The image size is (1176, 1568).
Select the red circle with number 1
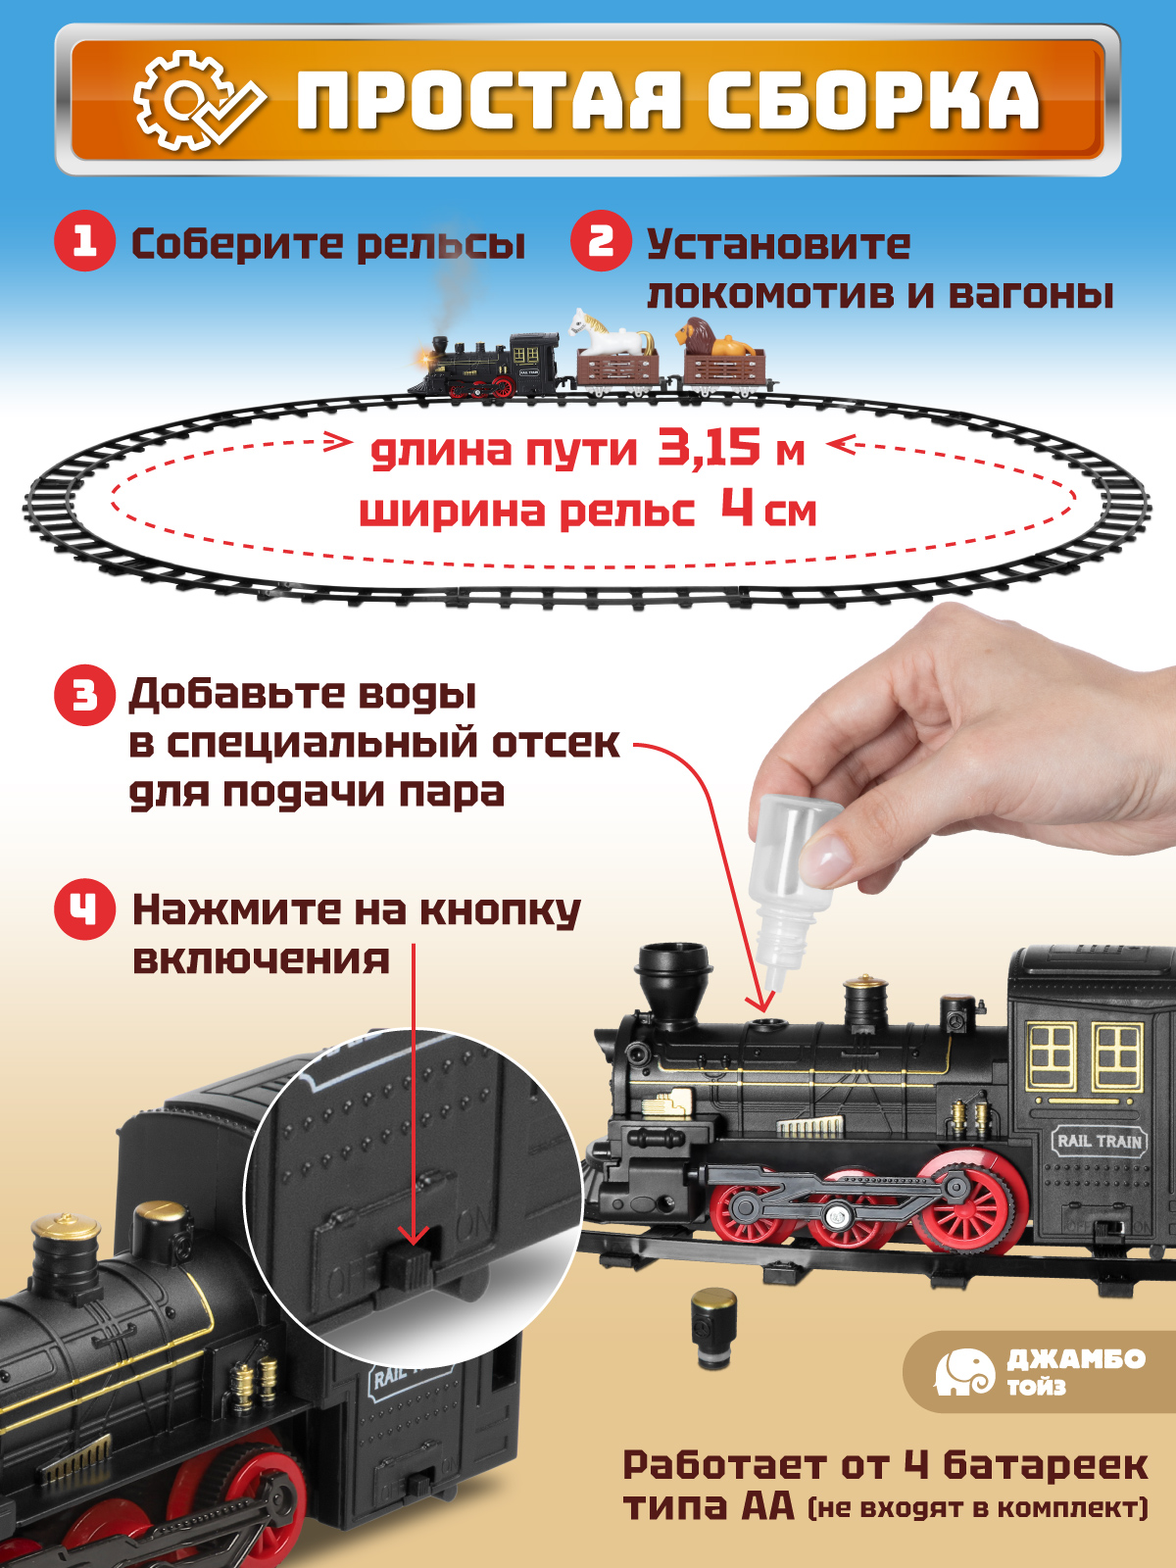[x=84, y=241]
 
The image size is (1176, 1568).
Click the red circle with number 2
[x=601, y=241]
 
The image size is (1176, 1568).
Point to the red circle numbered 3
[x=84, y=695]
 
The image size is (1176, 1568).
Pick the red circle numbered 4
[x=84, y=909]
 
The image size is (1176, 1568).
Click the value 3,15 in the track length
[x=709, y=448]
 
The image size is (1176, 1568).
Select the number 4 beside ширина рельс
[x=737, y=508]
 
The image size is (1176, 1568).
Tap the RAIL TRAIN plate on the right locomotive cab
[x=1099, y=1141]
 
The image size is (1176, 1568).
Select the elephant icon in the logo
[x=963, y=1372]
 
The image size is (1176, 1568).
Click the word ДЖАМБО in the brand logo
[x=1076, y=1359]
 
